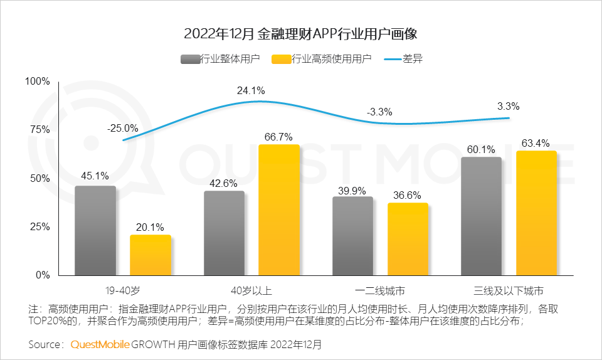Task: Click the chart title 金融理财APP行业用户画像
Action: [300, 33]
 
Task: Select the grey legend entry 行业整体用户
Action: [220, 59]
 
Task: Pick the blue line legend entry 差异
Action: [405, 59]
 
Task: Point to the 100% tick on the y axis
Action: [37, 81]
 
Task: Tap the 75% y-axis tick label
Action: [40, 130]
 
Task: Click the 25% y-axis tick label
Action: [40, 226]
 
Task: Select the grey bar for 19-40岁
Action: [95, 231]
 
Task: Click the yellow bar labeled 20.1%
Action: [150, 255]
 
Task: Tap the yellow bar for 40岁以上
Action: [279, 209]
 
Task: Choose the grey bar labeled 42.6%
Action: [224, 233]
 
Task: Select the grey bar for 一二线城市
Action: [352, 236]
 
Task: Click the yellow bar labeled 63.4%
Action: [536, 213]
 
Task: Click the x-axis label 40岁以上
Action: [251, 290]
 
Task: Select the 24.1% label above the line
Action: [250, 91]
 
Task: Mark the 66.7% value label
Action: [279, 136]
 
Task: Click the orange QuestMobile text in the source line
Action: [100, 344]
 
